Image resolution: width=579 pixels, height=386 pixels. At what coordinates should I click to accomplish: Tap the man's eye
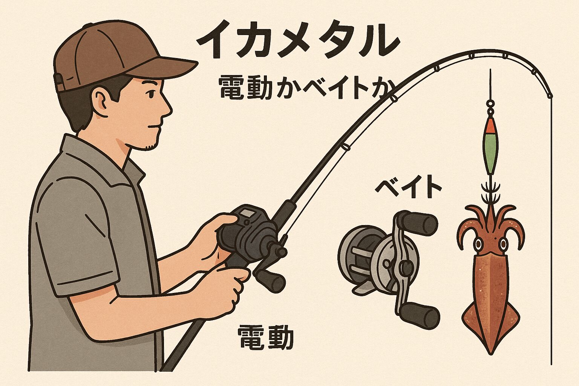(151, 94)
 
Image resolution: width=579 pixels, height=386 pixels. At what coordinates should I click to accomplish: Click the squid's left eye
(478, 243)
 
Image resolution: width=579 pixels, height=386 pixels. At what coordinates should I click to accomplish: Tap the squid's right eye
(503, 243)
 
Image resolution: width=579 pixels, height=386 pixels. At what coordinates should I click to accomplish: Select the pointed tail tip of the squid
(490, 352)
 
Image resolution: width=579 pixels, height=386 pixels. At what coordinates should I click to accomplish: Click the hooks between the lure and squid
(490, 192)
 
